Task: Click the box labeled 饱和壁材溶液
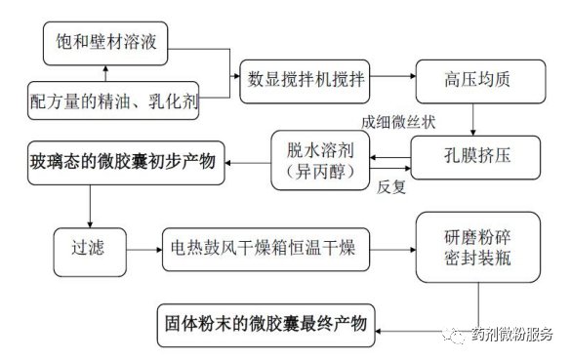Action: [105, 43]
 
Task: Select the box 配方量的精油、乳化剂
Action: [113, 100]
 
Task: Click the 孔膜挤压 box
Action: [475, 157]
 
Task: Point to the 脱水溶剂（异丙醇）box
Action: [320, 160]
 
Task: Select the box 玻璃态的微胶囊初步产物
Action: [126, 163]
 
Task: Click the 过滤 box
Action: [90, 252]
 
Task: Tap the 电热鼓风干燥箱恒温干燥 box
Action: [265, 250]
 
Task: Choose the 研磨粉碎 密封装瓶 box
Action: [478, 247]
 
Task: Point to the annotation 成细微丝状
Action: [398, 122]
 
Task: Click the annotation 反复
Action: [391, 187]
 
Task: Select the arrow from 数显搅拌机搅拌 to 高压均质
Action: [393, 76]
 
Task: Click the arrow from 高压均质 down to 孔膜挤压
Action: [472, 120]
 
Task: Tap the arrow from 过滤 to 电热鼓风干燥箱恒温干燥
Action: [144, 250]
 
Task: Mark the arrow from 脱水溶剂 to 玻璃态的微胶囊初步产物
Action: [248, 163]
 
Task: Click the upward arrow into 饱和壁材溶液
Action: [105, 73]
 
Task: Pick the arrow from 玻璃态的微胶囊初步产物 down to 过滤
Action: [90, 207]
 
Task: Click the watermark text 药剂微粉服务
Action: [512, 334]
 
